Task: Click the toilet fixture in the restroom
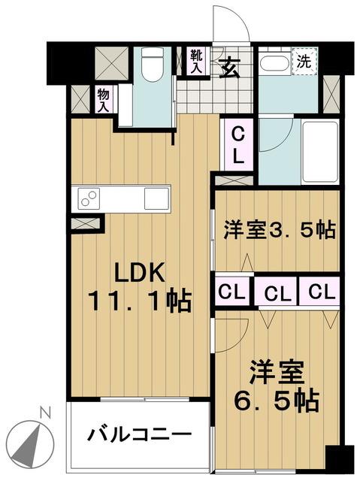point(152,65)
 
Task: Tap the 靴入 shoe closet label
point(196,62)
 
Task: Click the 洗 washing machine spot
point(304,62)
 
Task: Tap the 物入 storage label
point(103,100)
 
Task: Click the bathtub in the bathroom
point(320,153)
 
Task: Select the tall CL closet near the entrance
point(237,145)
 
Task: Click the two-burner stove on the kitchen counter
point(89,198)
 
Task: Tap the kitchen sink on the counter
point(156,198)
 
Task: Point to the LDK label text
point(140,272)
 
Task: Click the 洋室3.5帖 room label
point(280,230)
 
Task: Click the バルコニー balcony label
point(140,434)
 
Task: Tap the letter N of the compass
point(46,413)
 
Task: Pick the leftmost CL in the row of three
point(231,292)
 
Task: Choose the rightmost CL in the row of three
point(322,292)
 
